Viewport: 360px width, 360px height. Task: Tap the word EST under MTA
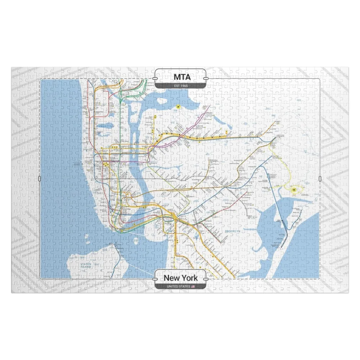point(176,86)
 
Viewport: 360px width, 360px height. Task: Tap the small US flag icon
point(193,286)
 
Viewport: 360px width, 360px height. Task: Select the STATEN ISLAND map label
point(86,265)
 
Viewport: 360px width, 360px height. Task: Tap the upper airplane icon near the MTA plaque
point(178,107)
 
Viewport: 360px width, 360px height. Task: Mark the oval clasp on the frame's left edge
point(40,179)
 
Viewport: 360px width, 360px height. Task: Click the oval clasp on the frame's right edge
point(320,179)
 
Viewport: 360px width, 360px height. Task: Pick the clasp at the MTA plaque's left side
point(155,78)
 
